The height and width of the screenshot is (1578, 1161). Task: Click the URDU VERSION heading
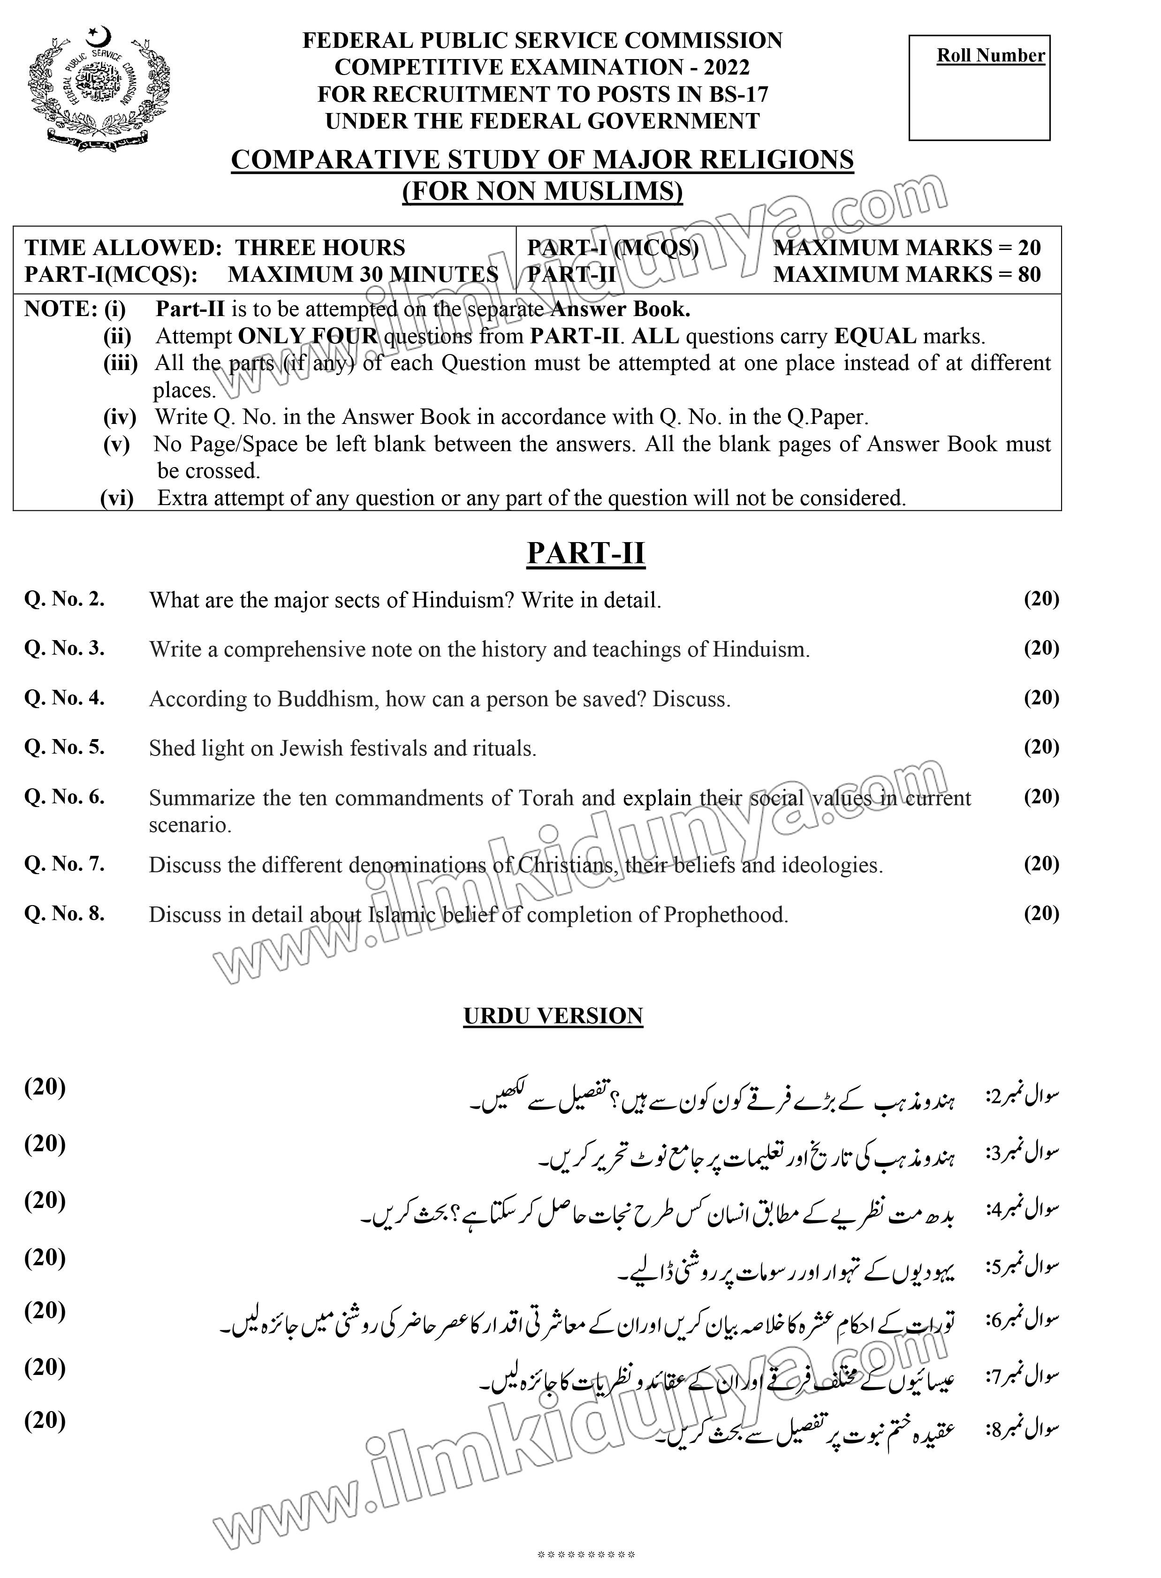click(x=553, y=1016)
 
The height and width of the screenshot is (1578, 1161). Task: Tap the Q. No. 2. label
click(x=65, y=599)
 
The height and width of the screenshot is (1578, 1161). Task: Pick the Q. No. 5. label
click(x=65, y=747)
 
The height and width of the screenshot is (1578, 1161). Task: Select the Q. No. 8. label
click(x=65, y=914)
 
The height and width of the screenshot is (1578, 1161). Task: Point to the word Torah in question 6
click(x=546, y=798)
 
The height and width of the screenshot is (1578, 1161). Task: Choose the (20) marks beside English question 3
click(x=1041, y=648)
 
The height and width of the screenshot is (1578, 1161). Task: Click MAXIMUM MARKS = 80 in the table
click(x=907, y=274)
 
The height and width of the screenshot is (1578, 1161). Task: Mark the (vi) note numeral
click(x=117, y=498)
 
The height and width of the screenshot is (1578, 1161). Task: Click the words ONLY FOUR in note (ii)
click(x=308, y=337)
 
